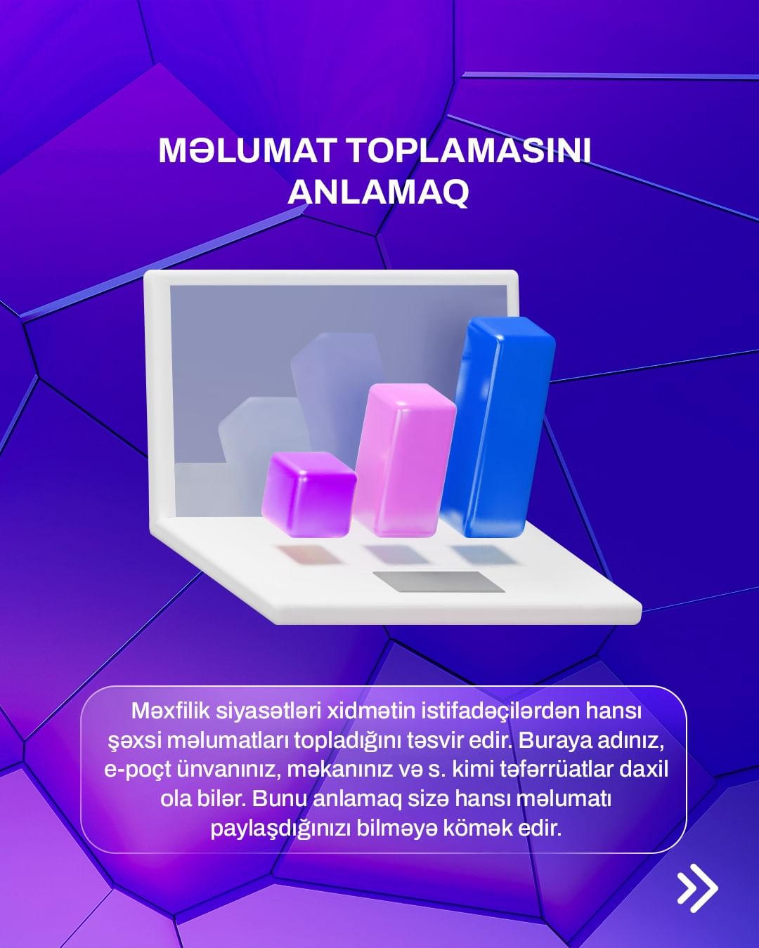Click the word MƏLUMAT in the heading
click(x=246, y=151)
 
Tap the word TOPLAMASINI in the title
click(x=469, y=151)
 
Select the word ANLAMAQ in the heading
click(x=378, y=192)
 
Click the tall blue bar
click(x=498, y=426)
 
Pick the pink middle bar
click(x=405, y=460)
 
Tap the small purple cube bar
click(x=309, y=494)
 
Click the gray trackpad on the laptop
click(x=439, y=581)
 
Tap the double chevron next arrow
click(x=697, y=887)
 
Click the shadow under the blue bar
click(x=483, y=555)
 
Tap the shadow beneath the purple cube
click(x=308, y=555)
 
